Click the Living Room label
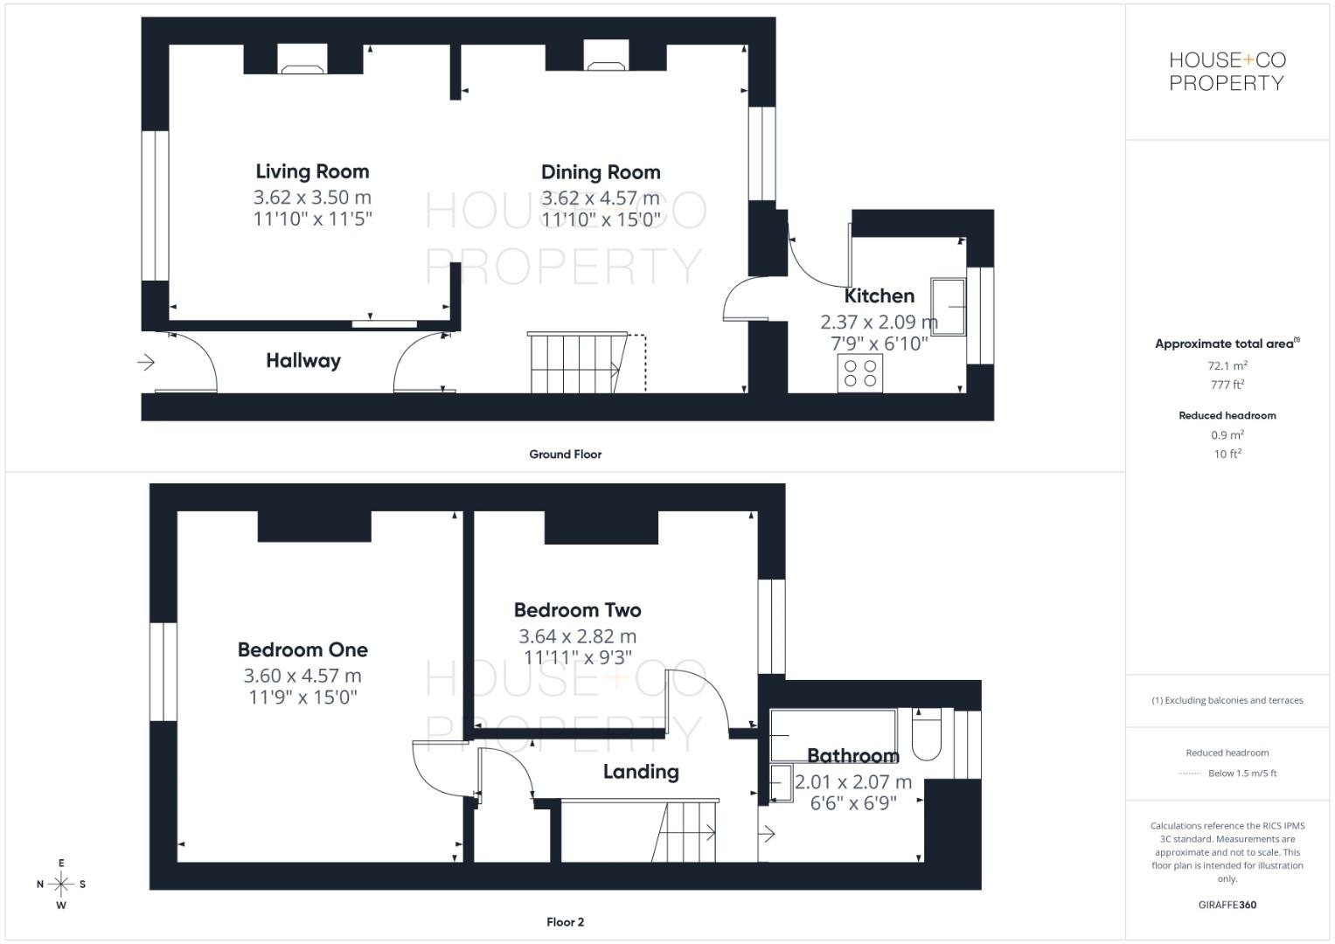coord(312,171)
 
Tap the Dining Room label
coord(601,172)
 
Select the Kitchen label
coord(879,296)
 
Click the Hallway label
coord(303,360)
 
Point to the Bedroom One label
coord(302,649)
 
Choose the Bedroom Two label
coord(577,610)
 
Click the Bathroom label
coord(852,755)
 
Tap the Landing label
coord(641,772)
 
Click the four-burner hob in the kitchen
coord(860,373)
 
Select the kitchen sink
coord(948,307)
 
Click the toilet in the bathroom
coord(926,735)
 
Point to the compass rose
coord(61,885)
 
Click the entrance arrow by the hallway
coord(145,361)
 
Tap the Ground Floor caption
coord(565,455)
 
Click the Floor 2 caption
coord(565,922)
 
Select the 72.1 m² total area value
coord(1227,366)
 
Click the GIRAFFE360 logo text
coord(1227,905)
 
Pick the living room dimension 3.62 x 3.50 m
coord(312,198)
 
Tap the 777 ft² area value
coord(1227,385)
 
